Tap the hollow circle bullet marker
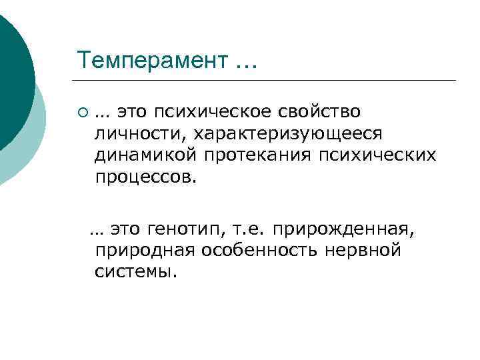point(82,111)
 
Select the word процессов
point(146,179)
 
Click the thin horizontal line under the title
point(267,81)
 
